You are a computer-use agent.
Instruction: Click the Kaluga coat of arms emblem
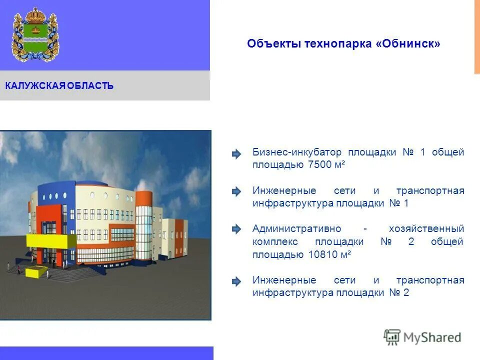(x=35, y=34)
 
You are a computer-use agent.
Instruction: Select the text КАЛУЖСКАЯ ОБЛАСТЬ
(x=59, y=86)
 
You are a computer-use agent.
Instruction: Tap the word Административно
(x=296, y=229)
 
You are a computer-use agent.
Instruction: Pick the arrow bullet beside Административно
(x=236, y=229)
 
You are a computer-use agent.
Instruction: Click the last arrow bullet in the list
(x=236, y=281)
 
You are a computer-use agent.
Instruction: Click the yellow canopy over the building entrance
(x=51, y=240)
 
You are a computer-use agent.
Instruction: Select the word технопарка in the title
(x=338, y=44)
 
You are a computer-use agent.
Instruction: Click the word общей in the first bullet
(x=448, y=152)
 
